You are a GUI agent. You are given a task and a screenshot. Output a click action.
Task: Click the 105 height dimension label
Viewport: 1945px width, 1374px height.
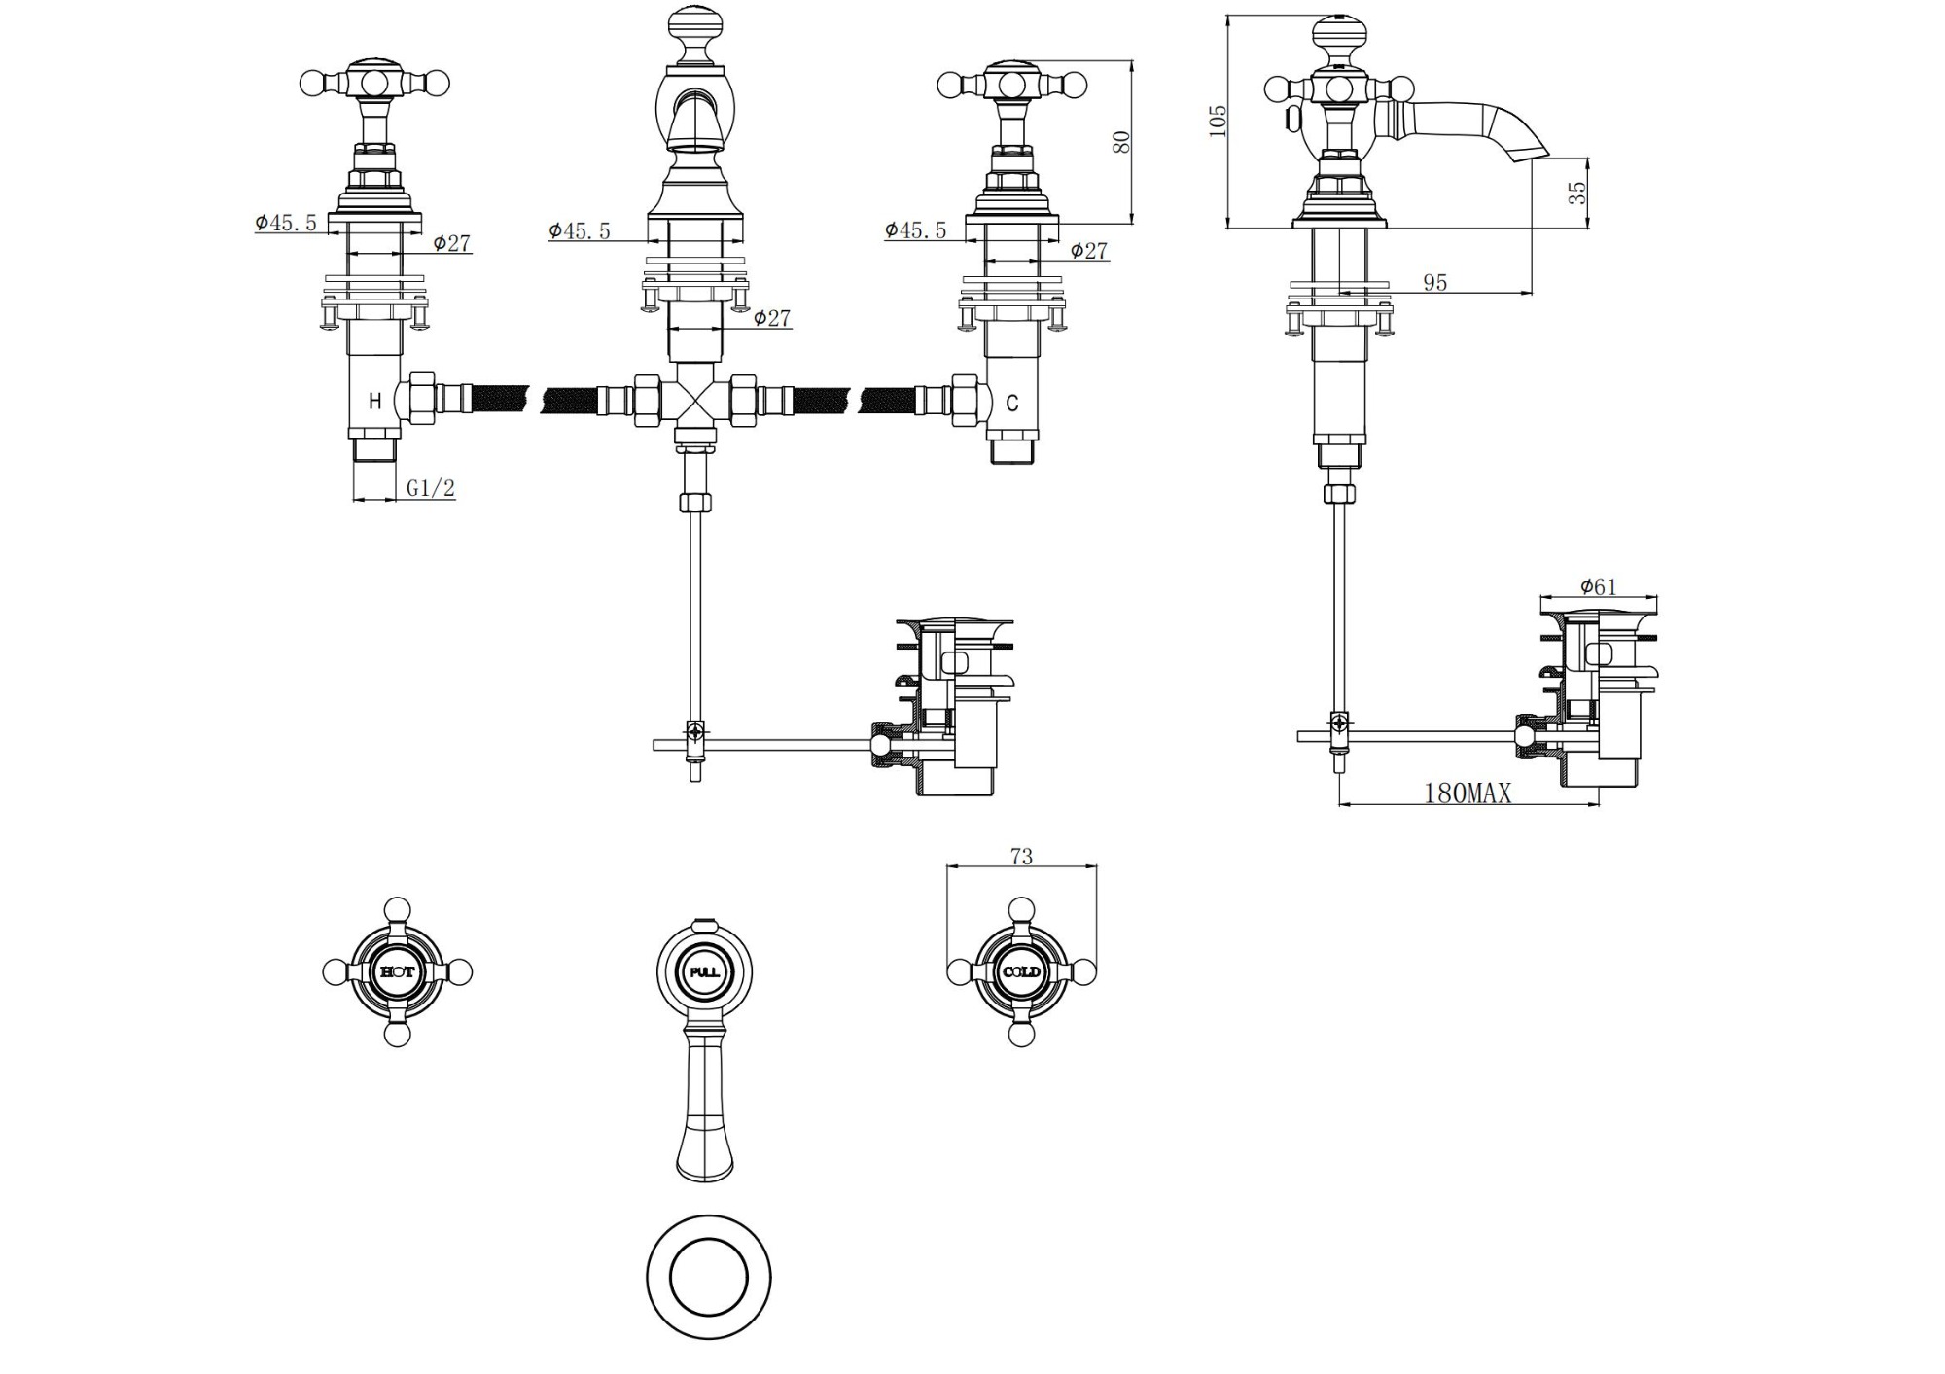coord(1218,121)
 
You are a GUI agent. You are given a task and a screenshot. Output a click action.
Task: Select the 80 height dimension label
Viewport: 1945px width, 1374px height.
coord(1121,141)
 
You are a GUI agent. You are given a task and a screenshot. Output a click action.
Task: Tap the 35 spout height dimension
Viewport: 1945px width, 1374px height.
coord(1577,192)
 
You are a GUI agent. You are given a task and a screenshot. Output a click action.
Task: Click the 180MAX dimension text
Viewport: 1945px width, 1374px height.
coord(1468,793)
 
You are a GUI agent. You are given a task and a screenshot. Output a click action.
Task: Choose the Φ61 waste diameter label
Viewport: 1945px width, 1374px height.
coord(1598,586)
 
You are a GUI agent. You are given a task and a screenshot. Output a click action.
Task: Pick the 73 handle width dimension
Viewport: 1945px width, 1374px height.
coord(1021,857)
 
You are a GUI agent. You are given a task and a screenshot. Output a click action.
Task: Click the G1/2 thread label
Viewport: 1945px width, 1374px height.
coord(431,488)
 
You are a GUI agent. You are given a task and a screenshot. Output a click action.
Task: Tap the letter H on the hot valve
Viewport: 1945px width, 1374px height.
coord(374,402)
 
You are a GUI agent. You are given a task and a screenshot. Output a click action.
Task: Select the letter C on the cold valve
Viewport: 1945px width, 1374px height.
coord(1012,403)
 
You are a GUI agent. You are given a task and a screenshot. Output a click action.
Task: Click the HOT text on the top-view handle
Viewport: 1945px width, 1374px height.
coord(397,971)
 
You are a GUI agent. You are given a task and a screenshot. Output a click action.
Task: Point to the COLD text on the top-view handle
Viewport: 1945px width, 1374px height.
coord(1021,971)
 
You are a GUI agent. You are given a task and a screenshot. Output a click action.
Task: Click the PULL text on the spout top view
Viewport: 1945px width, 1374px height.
coord(705,971)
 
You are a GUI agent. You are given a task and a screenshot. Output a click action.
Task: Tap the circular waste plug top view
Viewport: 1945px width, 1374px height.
coord(708,1276)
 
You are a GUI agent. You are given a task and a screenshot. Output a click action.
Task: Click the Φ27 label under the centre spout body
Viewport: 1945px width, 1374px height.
coord(772,318)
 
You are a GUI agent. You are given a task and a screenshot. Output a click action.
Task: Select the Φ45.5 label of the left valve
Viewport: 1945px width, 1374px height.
coord(286,222)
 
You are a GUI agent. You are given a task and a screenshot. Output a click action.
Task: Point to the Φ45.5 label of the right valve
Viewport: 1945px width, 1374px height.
coord(915,229)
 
